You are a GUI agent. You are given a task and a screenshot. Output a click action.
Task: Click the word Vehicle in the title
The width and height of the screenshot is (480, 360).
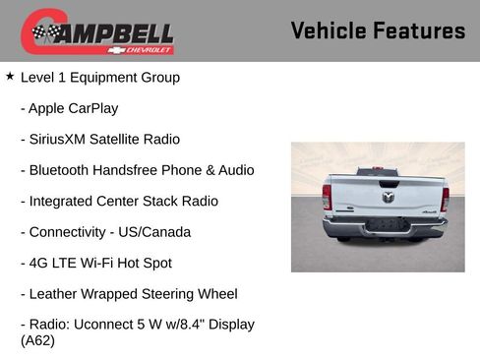coord(330,31)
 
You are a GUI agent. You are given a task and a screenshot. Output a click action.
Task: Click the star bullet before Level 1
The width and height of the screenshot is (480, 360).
coord(10,76)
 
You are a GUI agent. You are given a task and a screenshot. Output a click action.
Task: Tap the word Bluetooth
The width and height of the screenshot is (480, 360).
coord(62,170)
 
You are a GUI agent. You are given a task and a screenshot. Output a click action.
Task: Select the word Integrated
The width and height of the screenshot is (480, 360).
coord(64,202)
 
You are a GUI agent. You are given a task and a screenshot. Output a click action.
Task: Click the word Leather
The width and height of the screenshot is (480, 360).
coord(54,294)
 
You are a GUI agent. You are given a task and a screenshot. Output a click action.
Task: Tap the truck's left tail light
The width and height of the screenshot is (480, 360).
coord(327,197)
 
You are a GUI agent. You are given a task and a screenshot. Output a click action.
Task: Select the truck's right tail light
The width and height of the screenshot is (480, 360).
coord(445,199)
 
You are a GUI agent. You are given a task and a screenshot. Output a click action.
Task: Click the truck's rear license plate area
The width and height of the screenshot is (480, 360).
coord(386,225)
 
